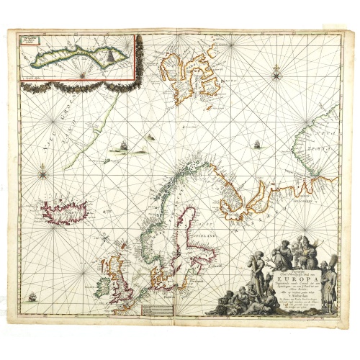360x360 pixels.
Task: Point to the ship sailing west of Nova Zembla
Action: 255,144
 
